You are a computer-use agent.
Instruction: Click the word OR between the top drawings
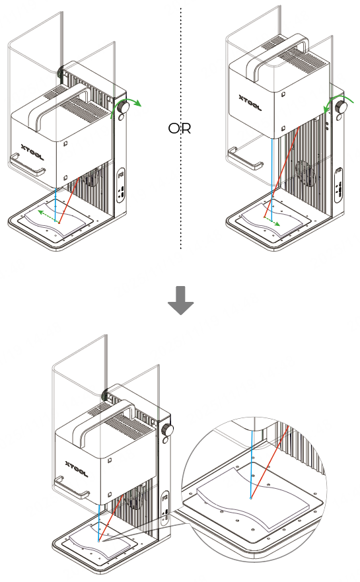[180, 128]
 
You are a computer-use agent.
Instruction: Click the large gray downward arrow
[181, 301]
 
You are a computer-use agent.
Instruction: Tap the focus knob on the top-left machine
[124, 107]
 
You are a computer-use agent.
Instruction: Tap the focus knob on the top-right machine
[341, 107]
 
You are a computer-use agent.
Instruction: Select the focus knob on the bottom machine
[168, 431]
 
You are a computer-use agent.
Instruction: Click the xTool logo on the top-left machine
[32, 152]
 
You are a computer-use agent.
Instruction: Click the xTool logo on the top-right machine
[250, 103]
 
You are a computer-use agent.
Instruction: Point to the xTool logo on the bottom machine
[77, 469]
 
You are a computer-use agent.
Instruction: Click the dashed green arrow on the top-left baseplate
[46, 216]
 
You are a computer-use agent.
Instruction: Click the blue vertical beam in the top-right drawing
[272, 179]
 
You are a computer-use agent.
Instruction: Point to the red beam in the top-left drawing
[69, 200]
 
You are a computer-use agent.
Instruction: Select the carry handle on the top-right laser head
[277, 55]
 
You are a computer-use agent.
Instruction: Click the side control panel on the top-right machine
[338, 185]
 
